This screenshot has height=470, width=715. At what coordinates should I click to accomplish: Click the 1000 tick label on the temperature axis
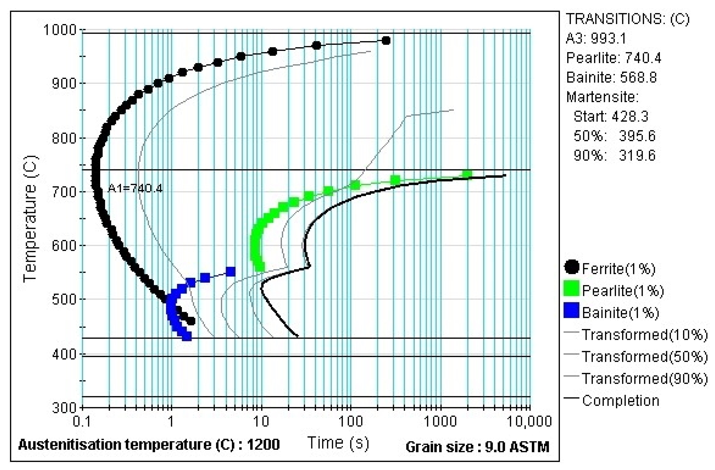coord(60,30)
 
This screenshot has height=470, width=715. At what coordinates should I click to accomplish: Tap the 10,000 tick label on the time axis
coord(529,422)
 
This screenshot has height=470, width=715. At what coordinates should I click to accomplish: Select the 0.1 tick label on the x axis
coord(82,422)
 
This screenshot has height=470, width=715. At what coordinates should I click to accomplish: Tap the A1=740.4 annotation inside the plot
coord(135,189)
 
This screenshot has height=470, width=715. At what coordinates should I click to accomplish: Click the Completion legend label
coord(621,401)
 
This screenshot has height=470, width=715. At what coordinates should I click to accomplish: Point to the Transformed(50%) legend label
coord(645,357)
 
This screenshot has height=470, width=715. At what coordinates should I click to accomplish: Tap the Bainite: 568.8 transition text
coord(611,77)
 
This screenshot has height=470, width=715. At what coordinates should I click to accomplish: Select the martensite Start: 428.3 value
coord(611,116)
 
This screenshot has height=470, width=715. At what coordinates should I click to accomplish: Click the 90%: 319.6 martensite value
coord(614,155)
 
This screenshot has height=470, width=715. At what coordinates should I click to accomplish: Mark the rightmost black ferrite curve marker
coord(386,41)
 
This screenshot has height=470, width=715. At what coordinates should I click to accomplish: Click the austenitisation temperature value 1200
coord(263,444)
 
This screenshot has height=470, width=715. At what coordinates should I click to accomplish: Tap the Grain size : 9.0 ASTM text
coord(477,447)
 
